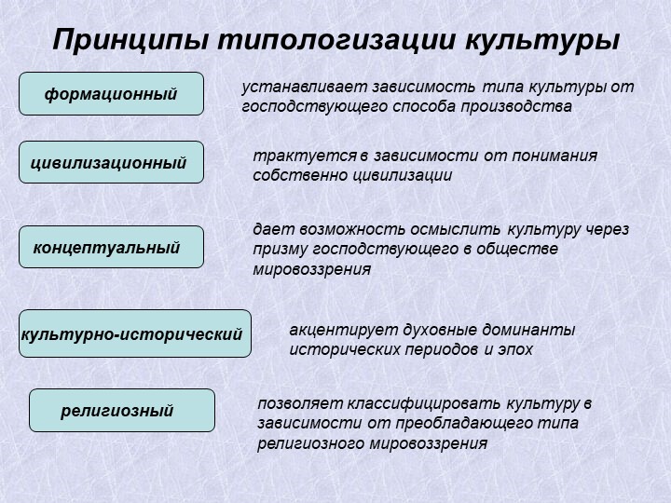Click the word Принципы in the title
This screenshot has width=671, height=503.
pyautogui.click(x=131, y=41)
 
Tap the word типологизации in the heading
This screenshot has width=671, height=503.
pyautogui.click(x=335, y=41)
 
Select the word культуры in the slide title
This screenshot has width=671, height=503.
pyautogui.click(x=541, y=41)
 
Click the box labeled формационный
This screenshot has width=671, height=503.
pyautogui.click(x=111, y=94)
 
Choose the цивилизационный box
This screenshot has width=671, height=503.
pyautogui.click(x=111, y=162)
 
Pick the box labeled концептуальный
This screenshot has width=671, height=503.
pyautogui.click(x=111, y=247)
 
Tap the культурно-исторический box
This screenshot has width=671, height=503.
pyautogui.click(x=135, y=333)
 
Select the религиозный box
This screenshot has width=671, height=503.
pyautogui.click(x=122, y=410)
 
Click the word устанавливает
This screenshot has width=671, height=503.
pyautogui.click(x=305, y=88)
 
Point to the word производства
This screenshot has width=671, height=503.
pyautogui.click(x=516, y=107)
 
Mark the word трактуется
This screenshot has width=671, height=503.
pyautogui.click(x=305, y=156)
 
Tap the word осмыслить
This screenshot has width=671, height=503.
pyautogui.click(x=455, y=230)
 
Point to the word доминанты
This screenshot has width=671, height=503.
pyautogui.click(x=528, y=330)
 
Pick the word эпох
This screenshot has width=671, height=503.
pyautogui.click(x=515, y=350)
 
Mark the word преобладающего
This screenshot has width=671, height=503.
pyautogui.click(x=463, y=424)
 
